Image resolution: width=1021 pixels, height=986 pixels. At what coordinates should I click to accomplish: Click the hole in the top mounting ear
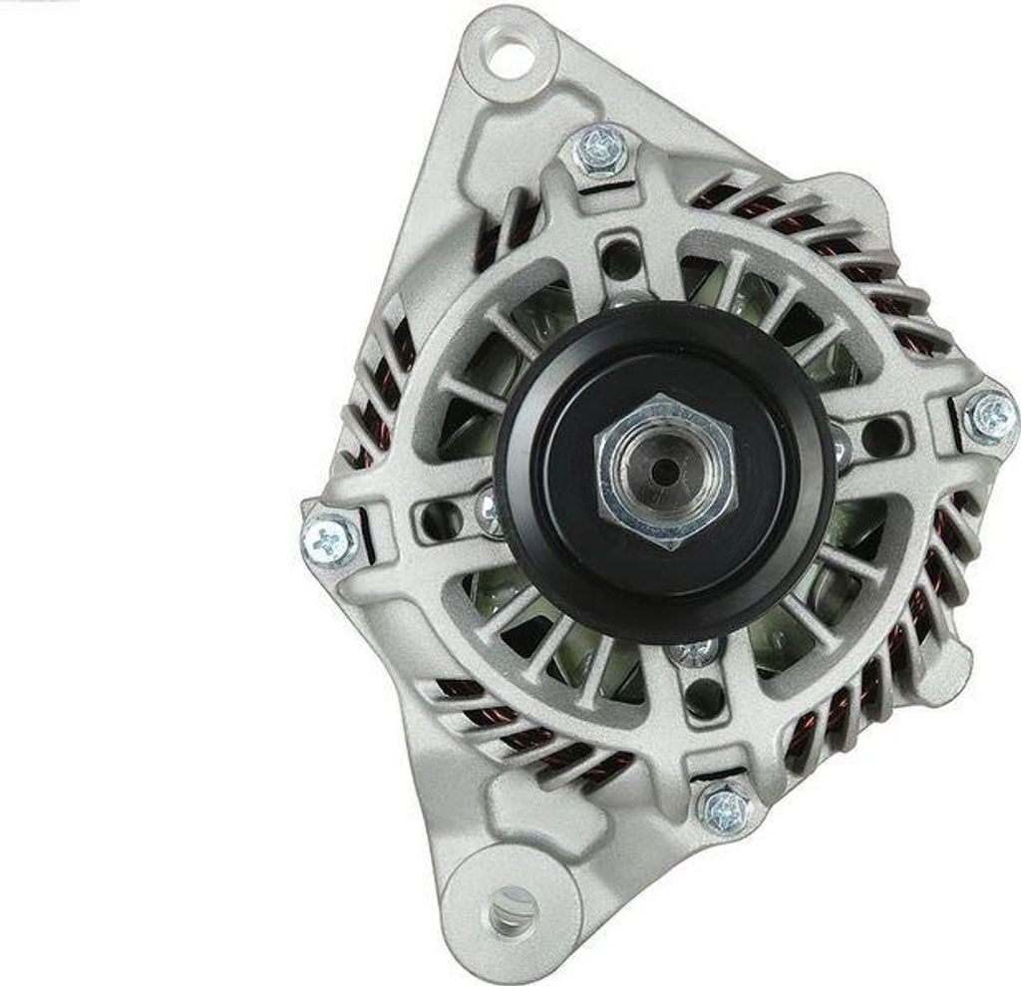point(508,56)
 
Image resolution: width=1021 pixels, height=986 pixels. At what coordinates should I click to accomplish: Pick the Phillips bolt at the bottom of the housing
point(726,807)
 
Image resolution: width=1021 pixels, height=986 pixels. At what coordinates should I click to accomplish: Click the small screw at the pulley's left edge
point(490,507)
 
